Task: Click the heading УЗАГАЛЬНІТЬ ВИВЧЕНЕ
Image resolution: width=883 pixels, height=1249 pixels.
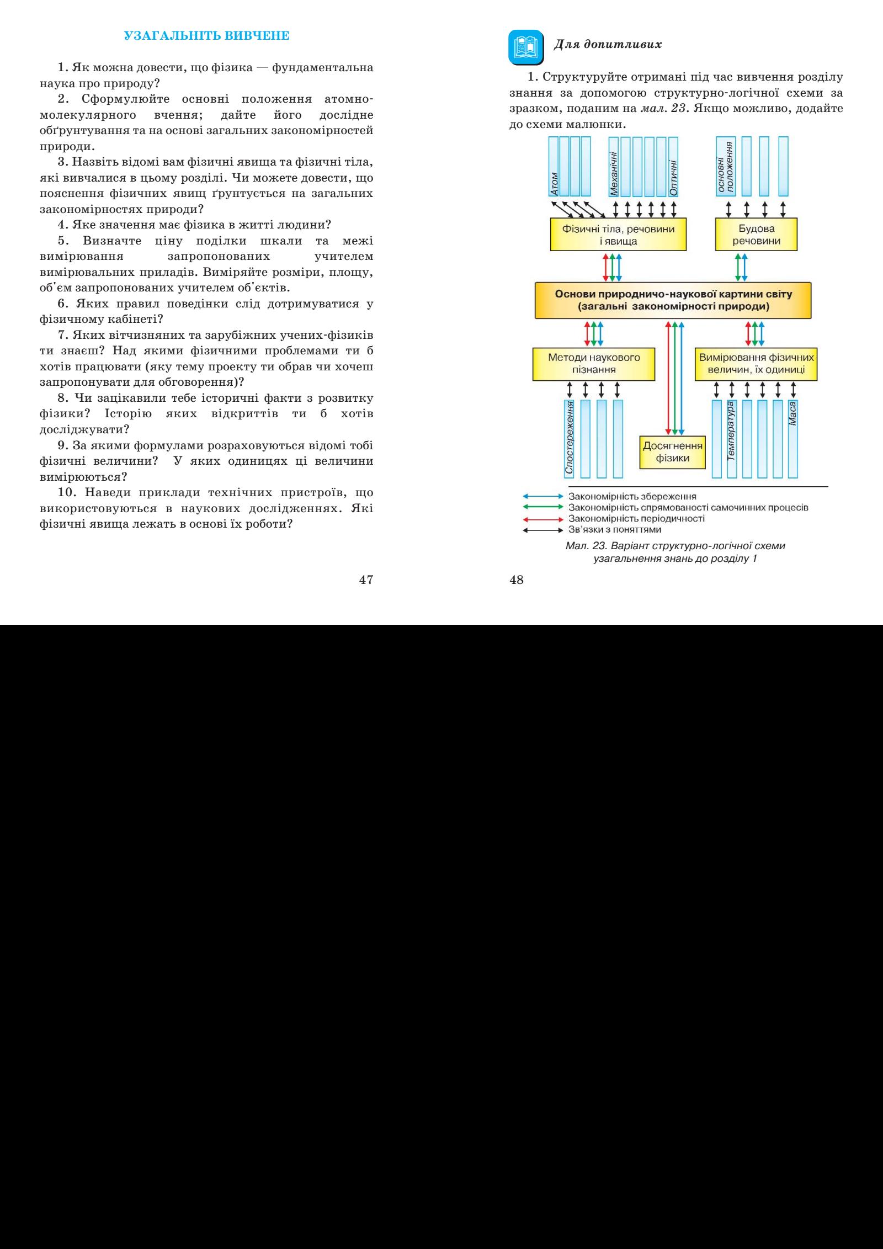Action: click(206, 37)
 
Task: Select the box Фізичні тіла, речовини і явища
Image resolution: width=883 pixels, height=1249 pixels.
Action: click(618, 235)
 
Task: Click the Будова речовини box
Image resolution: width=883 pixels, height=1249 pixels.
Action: click(756, 235)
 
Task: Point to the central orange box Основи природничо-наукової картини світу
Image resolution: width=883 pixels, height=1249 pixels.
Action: click(673, 300)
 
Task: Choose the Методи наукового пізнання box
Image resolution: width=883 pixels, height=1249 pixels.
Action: click(593, 363)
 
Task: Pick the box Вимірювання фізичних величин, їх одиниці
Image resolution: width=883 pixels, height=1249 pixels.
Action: click(756, 363)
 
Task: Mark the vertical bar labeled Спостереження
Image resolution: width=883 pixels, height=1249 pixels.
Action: click(569, 438)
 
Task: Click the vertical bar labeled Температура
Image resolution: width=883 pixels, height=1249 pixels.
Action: click(732, 438)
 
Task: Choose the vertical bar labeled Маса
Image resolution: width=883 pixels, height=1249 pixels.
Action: click(793, 438)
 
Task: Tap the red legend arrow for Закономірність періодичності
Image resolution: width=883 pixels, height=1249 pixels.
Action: click(542, 519)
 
